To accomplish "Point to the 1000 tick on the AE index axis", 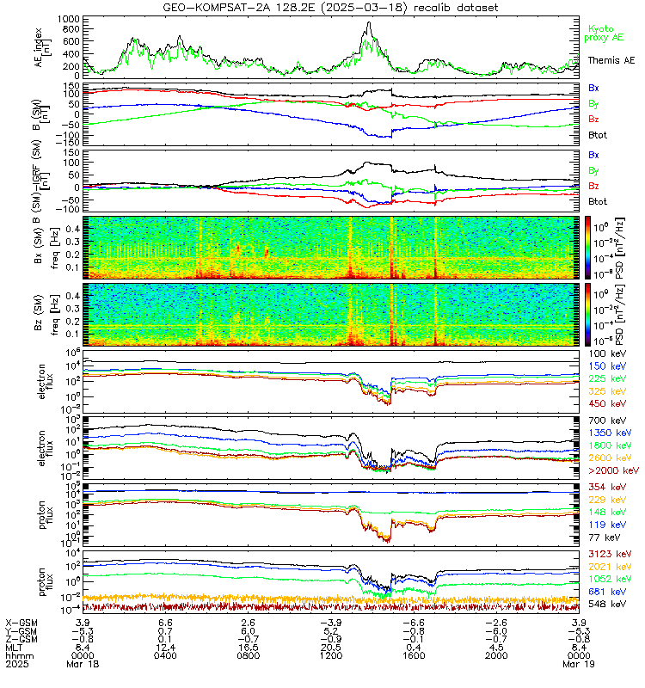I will pos(71,18).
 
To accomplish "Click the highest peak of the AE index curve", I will pos(369,23).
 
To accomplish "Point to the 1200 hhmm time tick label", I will pos(332,654).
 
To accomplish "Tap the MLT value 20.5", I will pos(332,646).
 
